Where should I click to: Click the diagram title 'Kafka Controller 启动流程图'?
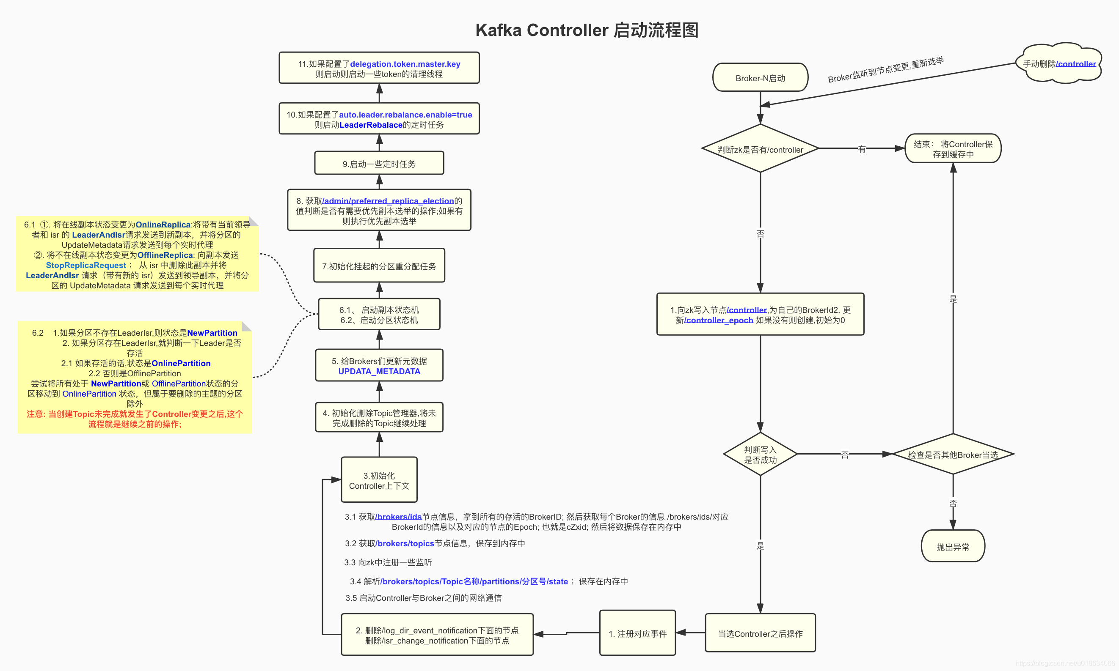[587, 30]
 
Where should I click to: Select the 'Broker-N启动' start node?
[760, 78]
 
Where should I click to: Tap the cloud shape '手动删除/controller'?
[1059, 64]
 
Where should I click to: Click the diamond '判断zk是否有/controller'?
[760, 149]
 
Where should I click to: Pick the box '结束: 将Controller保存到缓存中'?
[953, 149]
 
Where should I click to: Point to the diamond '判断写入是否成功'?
[760, 455]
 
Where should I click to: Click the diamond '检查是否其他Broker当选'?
[953, 455]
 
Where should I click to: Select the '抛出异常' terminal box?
[953, 546]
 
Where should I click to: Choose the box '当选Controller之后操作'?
[760, 633]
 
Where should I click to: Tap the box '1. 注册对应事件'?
[637, 633]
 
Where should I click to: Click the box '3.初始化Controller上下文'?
[379, 480]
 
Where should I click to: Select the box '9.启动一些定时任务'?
[379, 164]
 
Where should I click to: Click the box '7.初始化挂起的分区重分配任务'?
[379, 266]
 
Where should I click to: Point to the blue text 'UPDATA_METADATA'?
[379, 371]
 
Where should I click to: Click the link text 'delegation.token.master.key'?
[405, 64]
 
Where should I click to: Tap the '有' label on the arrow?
[862, 149]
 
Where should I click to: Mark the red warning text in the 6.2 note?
[135, 419]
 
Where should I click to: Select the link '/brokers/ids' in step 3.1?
[398, 516]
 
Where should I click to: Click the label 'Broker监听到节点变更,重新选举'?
[885, 69]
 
